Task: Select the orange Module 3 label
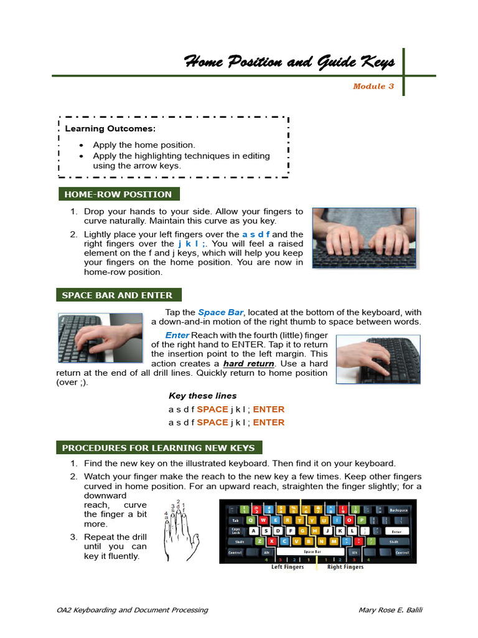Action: [x=373, y=87]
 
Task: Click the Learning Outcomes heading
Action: [x=110, y=129]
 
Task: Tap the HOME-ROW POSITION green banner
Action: [x=118, y=194]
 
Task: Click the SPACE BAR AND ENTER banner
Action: [x=117, y=295]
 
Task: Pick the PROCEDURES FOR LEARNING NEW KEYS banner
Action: [x=158, y=448]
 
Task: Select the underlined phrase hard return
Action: [x=248, y=363]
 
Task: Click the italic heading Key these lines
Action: [x=202, y=396]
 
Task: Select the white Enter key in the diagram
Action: [x=396, y=531]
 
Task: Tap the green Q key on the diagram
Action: [x=251, y=520]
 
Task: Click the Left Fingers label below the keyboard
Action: [x=286, y=567]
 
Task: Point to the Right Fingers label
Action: [x=345, y=567]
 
